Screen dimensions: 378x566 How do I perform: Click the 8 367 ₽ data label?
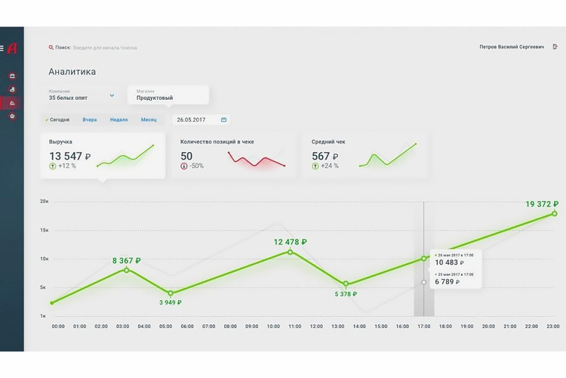pos(127,261)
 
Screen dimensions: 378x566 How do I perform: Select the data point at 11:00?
pos(291,252)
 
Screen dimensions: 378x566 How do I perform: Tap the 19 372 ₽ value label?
pos(542,204)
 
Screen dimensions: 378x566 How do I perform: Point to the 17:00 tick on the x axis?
pos(423,327)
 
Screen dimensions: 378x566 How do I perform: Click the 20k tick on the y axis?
pos(45,202)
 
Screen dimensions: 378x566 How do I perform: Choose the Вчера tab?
pos(90,119)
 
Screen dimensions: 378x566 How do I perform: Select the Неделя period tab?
pos(118,119)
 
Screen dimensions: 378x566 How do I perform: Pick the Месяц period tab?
pos(149,119)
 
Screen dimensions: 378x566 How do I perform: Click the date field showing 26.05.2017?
pos(192,119)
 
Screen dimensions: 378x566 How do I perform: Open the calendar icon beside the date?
pos(223,119)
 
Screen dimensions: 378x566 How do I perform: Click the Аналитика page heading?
pos(72,73)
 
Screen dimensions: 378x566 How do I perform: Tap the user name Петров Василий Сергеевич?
pos(511,47)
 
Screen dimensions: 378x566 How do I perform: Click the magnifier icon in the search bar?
pos(51,47)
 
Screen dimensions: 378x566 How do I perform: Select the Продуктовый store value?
pos(155,98)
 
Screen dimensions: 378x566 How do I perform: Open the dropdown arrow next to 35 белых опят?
pos(112,95)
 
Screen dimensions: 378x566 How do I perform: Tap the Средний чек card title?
pos(329,141)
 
